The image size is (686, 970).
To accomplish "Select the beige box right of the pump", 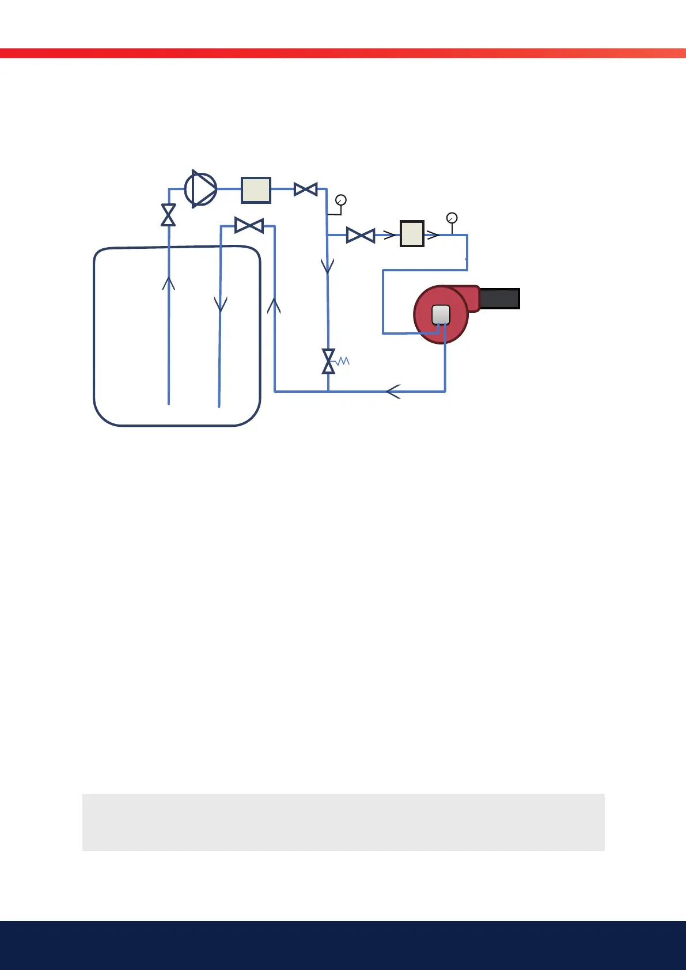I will [256, 190].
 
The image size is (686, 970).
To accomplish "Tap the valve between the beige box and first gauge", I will [305, 189].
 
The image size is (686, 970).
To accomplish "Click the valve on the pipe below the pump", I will [168, 215].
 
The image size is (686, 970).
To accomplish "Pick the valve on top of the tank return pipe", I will [249, 226].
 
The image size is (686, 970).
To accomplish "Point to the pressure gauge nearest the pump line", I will [341, 200].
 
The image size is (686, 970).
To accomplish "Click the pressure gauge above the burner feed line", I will [452, 218].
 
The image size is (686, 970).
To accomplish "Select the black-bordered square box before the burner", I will [412, 234].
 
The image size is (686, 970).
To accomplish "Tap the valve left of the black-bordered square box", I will [361, 235].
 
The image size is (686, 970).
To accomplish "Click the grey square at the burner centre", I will [441, 315].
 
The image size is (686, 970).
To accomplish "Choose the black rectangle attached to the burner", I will [499, 299].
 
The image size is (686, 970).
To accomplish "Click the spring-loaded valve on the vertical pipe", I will [328, 361].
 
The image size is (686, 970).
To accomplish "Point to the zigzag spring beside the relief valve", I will [343, 361].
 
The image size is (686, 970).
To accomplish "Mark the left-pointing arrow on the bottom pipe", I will [393, 392].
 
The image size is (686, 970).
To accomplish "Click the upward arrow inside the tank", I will [168, 283].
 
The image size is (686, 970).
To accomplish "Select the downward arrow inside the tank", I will [221, 304].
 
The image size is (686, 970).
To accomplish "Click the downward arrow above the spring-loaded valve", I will [328, 266].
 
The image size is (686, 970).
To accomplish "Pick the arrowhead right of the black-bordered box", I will [433, 235].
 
